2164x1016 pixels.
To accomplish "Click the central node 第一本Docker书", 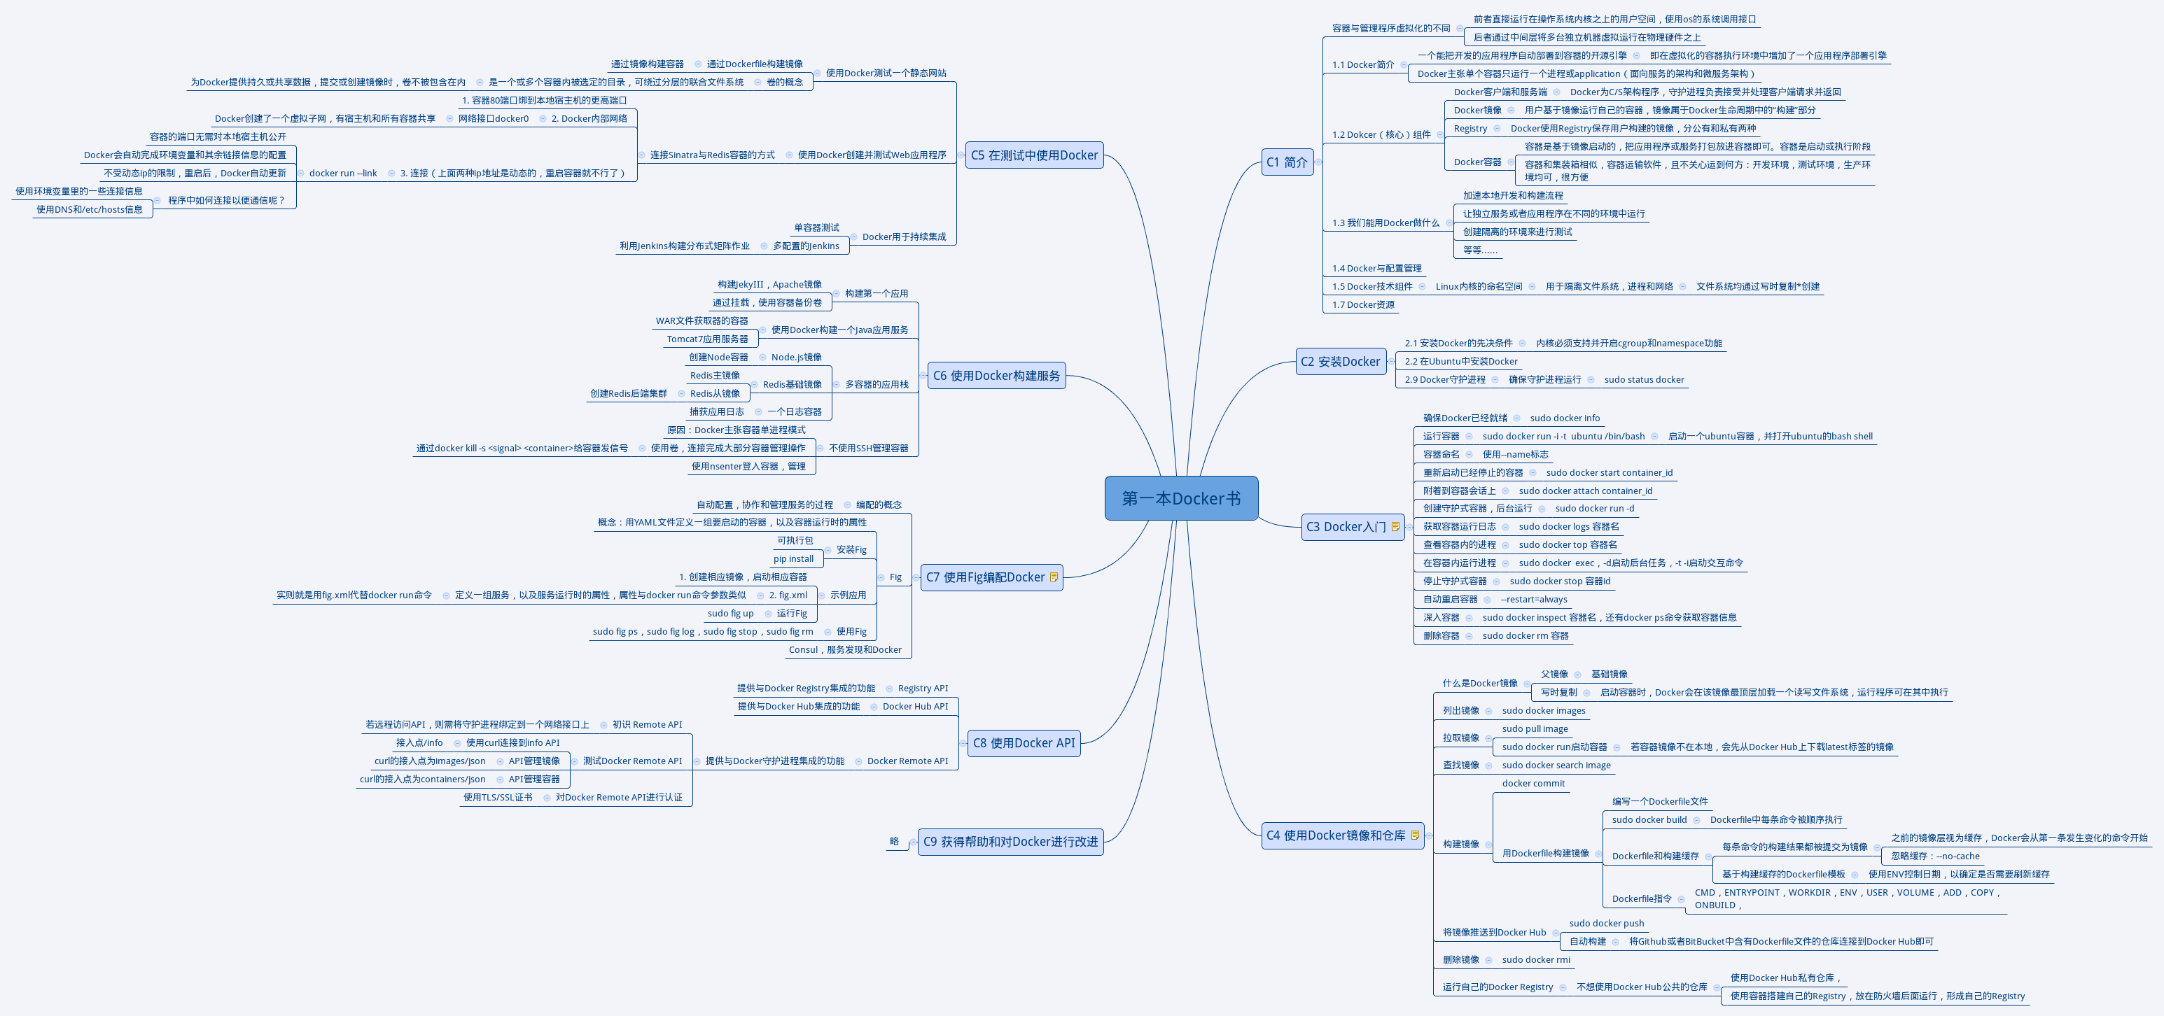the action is pos(1181,499).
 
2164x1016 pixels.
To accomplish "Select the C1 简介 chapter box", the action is pos(1287,162).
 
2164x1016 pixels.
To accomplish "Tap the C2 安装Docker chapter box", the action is pos(1340,362).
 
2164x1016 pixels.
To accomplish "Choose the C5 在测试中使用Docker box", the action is pos(1034,155).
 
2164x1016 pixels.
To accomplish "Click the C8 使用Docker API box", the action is pos(1024,743).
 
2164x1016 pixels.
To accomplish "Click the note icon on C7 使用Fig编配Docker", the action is pos(1054,577).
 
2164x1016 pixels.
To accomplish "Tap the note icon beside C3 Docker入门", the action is pos(1395,526).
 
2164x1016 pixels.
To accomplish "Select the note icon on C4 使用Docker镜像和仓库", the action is pos(1415,835).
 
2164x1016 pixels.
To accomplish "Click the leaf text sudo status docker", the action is pos(1644,379).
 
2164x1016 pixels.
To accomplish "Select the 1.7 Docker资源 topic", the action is pos(1362,305).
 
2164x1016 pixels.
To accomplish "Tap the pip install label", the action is pos(793,559).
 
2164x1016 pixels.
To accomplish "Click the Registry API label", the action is pos(923,689).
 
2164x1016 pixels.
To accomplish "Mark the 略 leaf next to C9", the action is pos(894,841).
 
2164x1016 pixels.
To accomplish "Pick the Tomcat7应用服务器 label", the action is pos(707,339).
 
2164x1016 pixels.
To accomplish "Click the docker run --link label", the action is pos(343,174).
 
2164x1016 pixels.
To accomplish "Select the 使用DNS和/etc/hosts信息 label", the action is pos(89,210).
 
